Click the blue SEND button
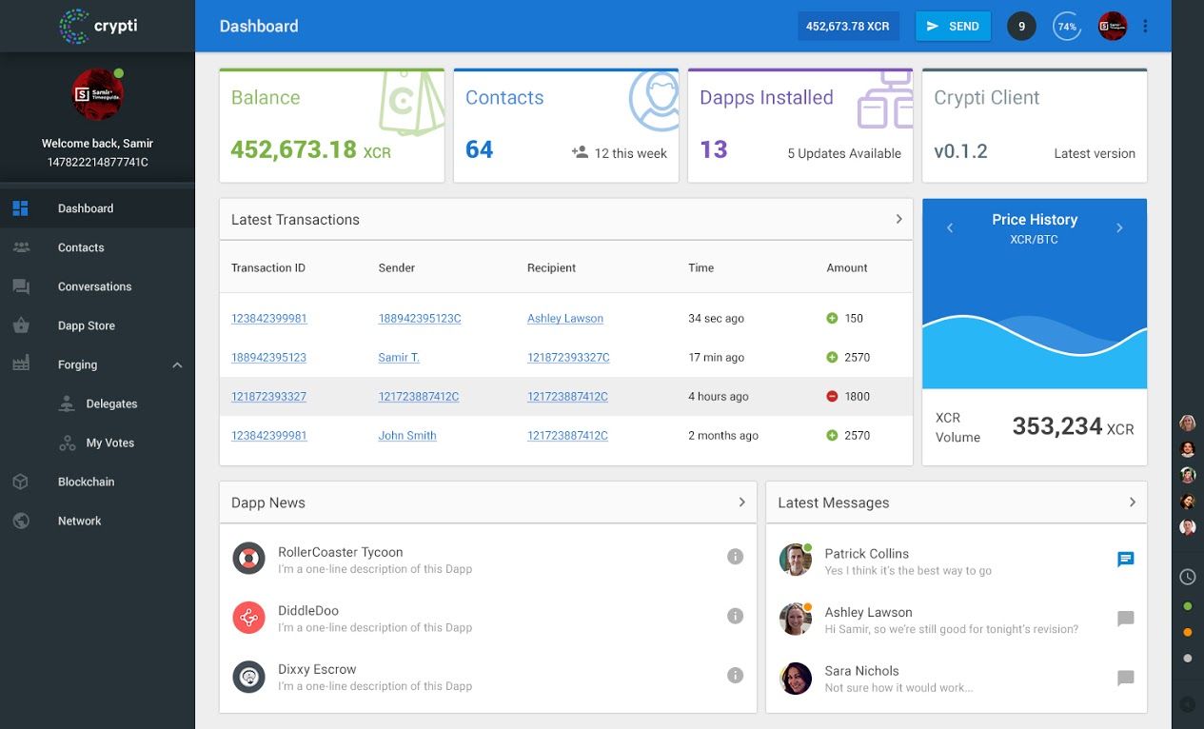pyautogui.click(x=953, y=27)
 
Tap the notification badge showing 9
pyautogui.click(x=1021, y=27)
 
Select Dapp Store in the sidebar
pyautogui.click(x=86, y=325)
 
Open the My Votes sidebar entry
pyautogui.click(x=109, y=443)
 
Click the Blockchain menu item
pyautogui.click(x=86, y=482)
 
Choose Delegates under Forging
pyautogui.click(x=111, y=404)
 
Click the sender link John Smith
pyautogui.click(x=407, y=436)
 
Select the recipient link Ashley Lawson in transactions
pyautogui.click(x=565, y=319)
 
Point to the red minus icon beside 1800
pyautogui.click(x=832, y=397)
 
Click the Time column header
pyautogui.click(x=701, y=267)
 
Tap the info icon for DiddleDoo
pyautogui.click(x=735, y=616)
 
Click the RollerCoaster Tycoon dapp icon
pyautogui.click(x=248, y=559)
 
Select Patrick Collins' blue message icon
pyautogui.click(x=1125, y=560)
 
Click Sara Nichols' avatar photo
pyautogui.click(x=796, y=678)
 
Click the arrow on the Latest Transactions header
pyautogui.click(x=898, y=219)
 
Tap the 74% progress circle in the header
pyautogui.click(x=1067, y=27)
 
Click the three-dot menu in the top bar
pyautogui.click(x=1145, y=27)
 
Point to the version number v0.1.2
pyautogui.click(x=960, y=151)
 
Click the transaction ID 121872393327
pyautogui.click(x=268, y=397)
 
